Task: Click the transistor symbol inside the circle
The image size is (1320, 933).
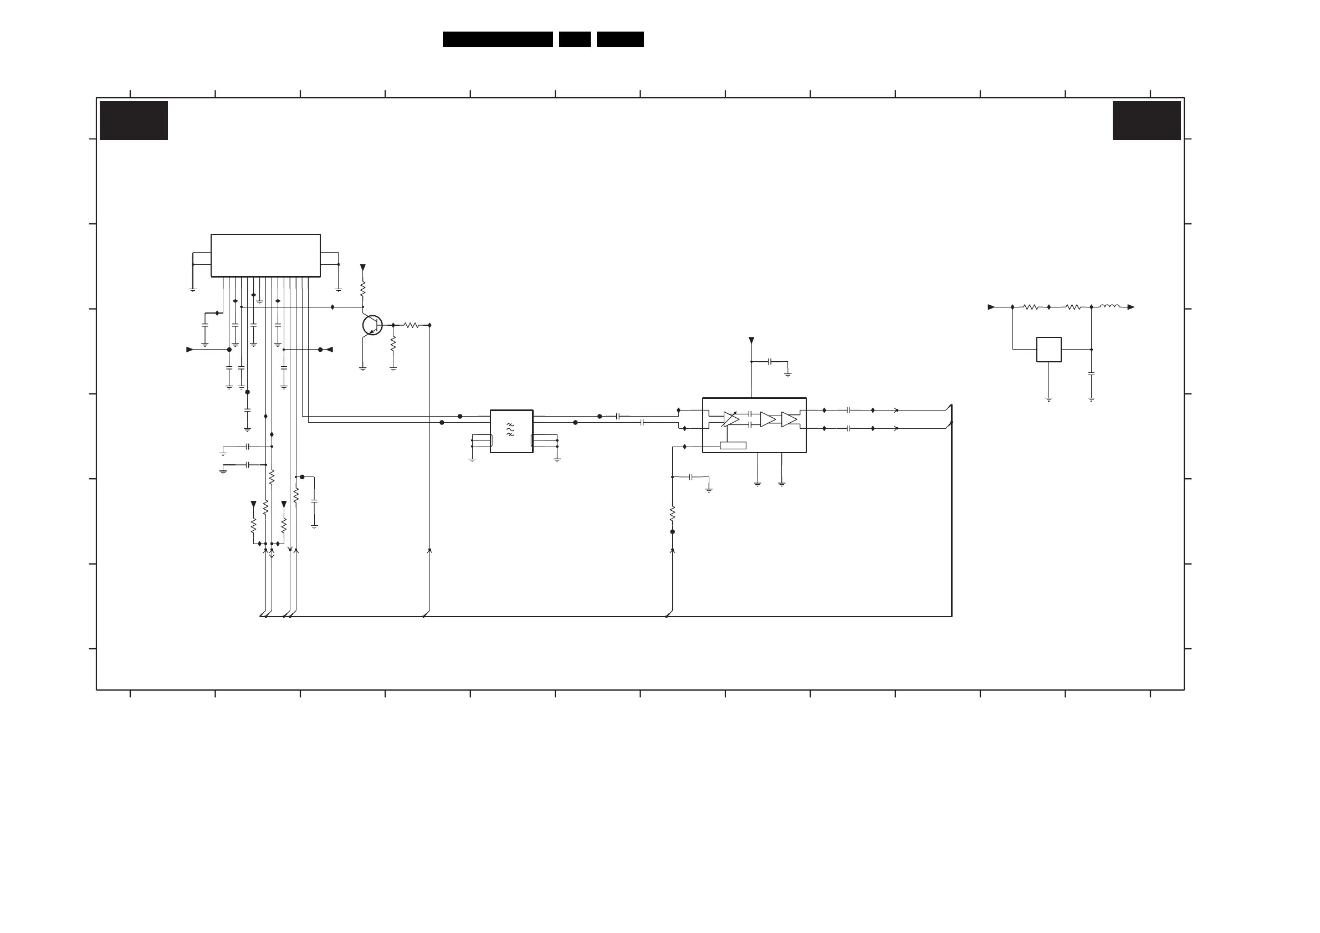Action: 372,325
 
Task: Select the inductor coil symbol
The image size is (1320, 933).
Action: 1109,306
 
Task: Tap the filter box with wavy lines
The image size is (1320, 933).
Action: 511,431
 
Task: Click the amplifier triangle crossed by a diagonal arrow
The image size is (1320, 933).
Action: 731,419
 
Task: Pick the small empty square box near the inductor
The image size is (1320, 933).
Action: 1048,350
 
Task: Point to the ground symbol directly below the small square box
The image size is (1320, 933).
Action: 1048,398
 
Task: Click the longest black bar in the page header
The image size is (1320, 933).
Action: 497,39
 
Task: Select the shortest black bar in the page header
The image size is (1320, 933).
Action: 574,39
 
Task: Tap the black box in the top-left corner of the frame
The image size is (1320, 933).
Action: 134,121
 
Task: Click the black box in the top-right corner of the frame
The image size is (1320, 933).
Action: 1147,121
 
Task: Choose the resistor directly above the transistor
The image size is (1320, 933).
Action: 363,289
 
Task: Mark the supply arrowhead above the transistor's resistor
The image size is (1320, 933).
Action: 363,268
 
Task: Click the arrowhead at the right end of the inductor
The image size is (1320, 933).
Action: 1130,307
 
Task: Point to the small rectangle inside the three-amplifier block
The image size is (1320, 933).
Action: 733,445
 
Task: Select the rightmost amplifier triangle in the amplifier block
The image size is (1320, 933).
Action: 789,419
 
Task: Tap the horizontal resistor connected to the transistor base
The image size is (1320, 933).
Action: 411,325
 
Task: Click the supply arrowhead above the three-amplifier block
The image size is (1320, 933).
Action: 751,340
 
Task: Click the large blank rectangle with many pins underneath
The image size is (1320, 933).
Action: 265,255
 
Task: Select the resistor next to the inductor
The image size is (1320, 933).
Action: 1073,307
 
